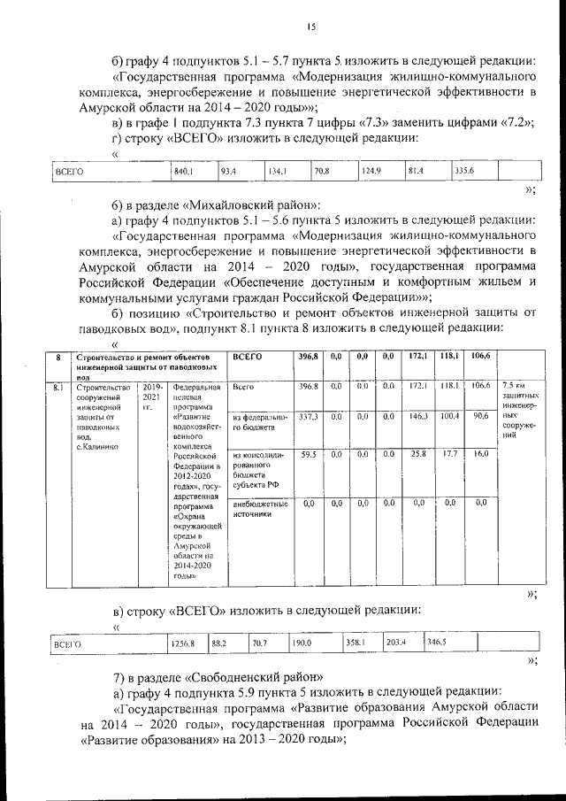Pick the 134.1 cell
(x=278, y=171)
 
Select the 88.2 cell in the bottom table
(x=219, y=644)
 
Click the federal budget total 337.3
(x=307, y=416)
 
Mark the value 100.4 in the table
(x=450, y=416)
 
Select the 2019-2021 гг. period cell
(x=151, y=397)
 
